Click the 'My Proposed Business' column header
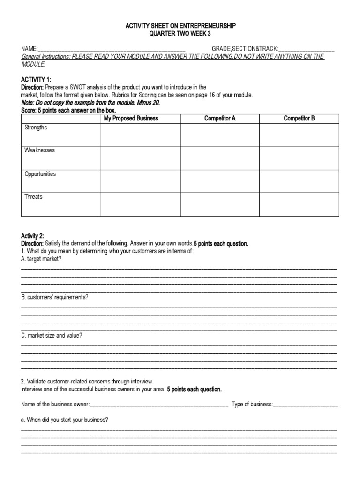click(x=131, y=118)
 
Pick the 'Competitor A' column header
click(x=220, y=118)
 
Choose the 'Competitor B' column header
click(x=299, y=118)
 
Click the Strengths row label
click(x=36, y=127)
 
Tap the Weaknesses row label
click(x=40, y=150)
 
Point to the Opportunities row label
click(x=40, y=174)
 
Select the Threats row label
click(x=33, y=197)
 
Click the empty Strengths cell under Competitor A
click(x=220, y=135)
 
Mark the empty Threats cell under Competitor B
click(x=299, y=204)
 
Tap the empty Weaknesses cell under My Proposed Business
click(x=141, y=158)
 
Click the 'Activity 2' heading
click(x=32, y=236)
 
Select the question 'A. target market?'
click(x=41, y=259)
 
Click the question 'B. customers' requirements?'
click(x=55, y=297)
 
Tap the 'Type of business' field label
click(x=252, y=404)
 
